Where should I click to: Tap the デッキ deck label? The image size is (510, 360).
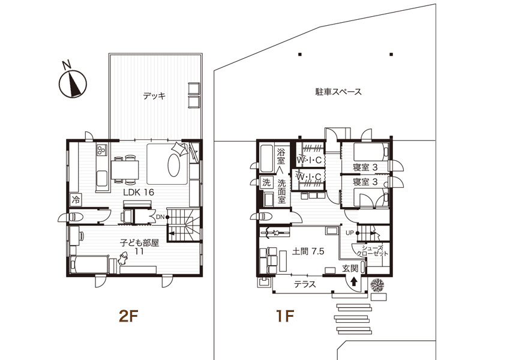pos(154,95)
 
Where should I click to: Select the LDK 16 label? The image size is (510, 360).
pos(139,192)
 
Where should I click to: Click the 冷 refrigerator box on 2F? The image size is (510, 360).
pos(76,199)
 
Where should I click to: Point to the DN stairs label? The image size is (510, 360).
pos(160,217)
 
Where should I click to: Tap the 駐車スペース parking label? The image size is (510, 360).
pos(338,92)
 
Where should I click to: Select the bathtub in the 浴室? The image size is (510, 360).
pos(266,159)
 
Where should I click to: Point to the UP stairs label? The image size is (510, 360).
pos(350,232)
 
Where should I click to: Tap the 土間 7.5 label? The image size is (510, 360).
pos(308,252)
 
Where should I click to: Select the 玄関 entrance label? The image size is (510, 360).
pos(350,268)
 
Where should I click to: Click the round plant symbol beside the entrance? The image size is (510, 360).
pos(378,284)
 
